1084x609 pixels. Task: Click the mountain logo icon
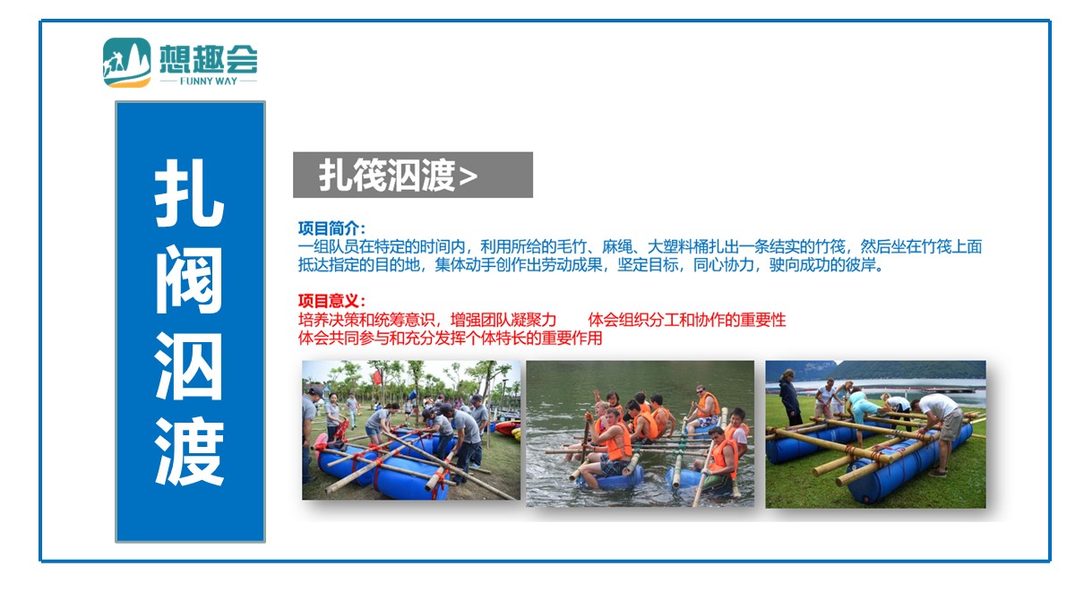[x=127, y=63]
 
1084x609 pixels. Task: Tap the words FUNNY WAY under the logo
[x=209, y=81]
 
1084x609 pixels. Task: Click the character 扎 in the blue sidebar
[x=189, y=193]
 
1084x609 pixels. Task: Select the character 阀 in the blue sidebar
[x=189, y=279]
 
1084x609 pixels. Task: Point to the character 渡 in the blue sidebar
[x=189, y=451]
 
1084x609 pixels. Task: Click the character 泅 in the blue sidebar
[x=189, y=366]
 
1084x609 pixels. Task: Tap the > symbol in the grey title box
[x=468, y=176]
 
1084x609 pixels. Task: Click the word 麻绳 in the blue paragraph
[x=617, y=246]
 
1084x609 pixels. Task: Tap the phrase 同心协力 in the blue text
[x=723, y=265]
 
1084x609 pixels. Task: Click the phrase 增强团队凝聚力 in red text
[x=503, y=320]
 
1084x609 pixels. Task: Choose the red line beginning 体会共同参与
[x=450, y=339]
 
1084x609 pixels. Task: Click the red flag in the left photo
[x=376, y=377]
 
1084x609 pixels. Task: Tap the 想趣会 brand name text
[x=209, y=58]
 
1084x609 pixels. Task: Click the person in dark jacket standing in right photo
[x=788, y=398]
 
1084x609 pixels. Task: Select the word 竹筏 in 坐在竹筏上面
[x=936, y=246]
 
